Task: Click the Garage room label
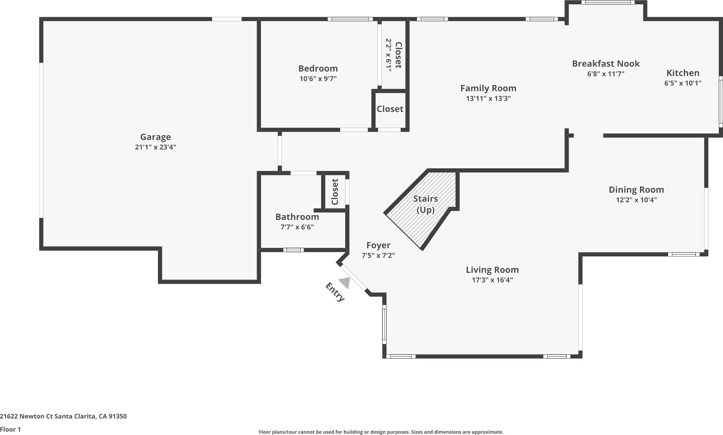[x=155, y=137]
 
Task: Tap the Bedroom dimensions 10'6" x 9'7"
[x=318, y=79]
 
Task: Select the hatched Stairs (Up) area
[x=422, y=211]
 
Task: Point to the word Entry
[x=335, y=292]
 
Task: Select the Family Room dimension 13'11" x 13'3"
[x=488, y=98]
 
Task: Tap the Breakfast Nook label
[x=606, y=64]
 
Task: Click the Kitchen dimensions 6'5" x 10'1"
[x=682, y=83]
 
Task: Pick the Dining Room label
[x=636, y=190]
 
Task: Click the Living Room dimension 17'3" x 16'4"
[x=492, y=280]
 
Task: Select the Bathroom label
[x=297, y=217]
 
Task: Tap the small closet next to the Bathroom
[x=335, y=192]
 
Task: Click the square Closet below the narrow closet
[x=390, y=109]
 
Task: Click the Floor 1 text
[x=11, y=429]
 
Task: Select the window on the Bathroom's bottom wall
[x=293, y=250]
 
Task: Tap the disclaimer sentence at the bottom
[x=381, y=432]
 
